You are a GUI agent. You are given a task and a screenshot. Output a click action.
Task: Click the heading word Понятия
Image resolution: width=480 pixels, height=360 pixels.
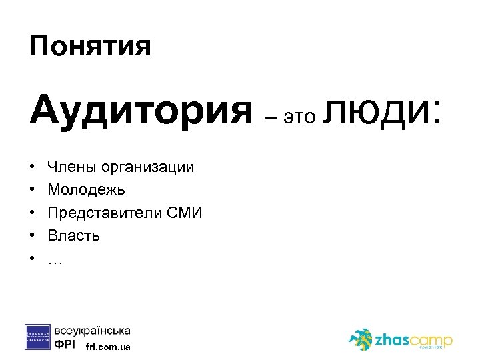click(90, 47)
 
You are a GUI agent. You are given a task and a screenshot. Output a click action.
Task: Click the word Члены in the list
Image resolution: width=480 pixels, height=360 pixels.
click(70, 167)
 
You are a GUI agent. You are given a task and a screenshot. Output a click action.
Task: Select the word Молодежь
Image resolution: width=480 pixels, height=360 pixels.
click(87, 190)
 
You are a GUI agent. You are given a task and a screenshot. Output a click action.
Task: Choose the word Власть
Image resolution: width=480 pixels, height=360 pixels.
click(74, 235)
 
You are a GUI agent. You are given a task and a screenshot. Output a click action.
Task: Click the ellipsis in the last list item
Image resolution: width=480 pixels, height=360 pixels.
click(55, 260)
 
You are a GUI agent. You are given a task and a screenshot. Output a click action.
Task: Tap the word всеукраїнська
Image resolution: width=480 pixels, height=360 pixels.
click(93, 331)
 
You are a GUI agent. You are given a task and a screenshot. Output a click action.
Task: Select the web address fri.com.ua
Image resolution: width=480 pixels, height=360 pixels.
click(109, 347)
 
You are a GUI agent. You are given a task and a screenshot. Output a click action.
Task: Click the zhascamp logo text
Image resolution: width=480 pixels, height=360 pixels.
click(414, 339)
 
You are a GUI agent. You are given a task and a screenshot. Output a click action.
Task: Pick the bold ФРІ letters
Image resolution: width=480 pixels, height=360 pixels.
click(65, 345)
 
